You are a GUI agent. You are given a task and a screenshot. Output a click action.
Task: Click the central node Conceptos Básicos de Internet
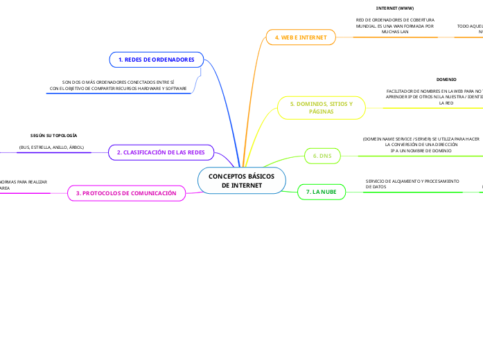[x=241, y=181]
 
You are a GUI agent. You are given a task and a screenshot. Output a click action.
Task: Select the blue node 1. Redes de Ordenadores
[x=156, y=60]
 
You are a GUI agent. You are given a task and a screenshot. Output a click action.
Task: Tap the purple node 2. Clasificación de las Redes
[x=160, y=152]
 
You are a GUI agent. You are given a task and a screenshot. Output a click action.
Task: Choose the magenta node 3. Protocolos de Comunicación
[x=126, y=193]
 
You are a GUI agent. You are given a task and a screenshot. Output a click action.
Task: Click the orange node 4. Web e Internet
[x=301, y=37]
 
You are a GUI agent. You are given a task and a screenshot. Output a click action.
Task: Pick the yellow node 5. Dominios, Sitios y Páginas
[x=321, y=107]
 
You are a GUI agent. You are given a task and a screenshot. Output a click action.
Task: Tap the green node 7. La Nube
[x=321, y=191]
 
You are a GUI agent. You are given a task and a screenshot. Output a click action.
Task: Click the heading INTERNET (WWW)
[x=395, y=8]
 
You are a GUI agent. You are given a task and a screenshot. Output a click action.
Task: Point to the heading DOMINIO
[x=446, y=80]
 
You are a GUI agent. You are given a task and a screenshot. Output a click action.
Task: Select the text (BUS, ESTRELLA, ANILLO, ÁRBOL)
[x=51, y=147]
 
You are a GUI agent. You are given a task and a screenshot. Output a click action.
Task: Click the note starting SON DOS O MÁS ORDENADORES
[x=118, y=85]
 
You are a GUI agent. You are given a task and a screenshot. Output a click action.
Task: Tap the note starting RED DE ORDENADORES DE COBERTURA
[x=395, y=26]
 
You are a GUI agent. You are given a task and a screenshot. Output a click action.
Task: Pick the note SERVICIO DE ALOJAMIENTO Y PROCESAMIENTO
[x=412, y=183]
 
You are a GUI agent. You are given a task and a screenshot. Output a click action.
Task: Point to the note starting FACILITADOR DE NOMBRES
[x=434, y=97]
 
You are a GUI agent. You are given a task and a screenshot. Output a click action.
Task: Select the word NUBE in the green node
[x=328, y=191]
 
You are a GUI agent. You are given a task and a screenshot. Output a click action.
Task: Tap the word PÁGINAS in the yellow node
[x=321, y=111]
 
